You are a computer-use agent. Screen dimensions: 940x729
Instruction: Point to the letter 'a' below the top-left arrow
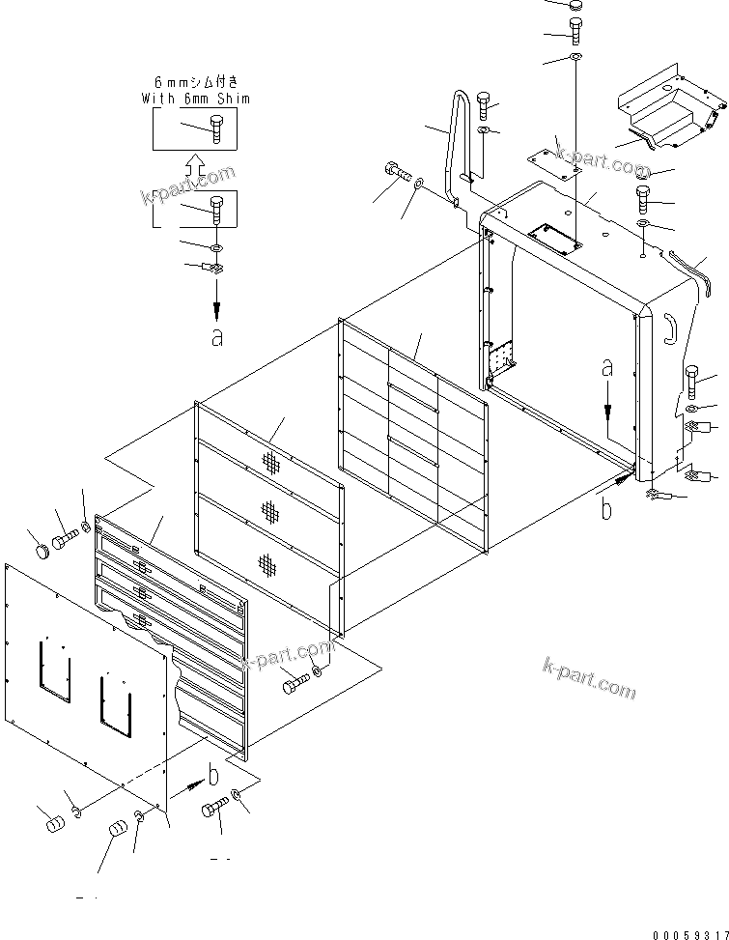217,337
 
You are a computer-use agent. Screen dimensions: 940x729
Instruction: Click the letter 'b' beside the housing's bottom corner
606,509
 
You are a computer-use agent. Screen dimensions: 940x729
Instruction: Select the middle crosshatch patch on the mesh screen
269,511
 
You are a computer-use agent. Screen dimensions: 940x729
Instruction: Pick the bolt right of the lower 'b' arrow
215,807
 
